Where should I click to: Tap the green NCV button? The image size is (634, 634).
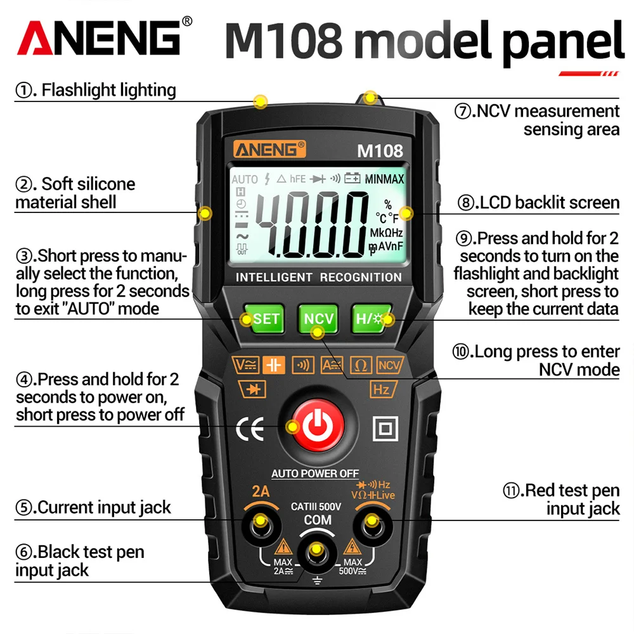pyautogui.click(x=318, y=318)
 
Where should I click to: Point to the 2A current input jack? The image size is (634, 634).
pyautogui.click(x=260, y=524)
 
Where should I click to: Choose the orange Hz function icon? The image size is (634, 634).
pyautogui.click(x=382, y=389)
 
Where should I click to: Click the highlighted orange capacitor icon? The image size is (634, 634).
pyautogui.click(x=275, y=365)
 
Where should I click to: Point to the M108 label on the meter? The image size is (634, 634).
pyautogui.click(x=380, y=151)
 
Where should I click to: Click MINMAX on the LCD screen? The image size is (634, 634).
pyautogui.click(x=384, y=179)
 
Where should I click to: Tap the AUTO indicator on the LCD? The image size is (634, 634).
pyautogui.click(x=245, y=179)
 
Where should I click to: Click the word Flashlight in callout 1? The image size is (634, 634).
pyautogui.click(x=81, y=90)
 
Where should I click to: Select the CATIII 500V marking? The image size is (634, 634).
pyautogui.click(x=316, y=507)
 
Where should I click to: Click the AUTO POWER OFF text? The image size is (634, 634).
pyautogui.click(x=315, y=474)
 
